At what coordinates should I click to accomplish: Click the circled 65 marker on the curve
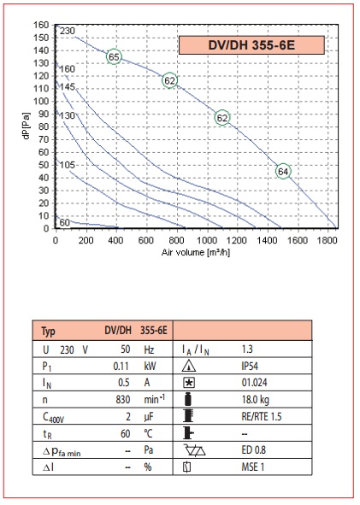pyautogui.click(x=114, y=57)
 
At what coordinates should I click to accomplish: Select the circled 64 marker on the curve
pyautogui.click(x=283, y=172)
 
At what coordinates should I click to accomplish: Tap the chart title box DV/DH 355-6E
pyautogui.click(x=251, y=45)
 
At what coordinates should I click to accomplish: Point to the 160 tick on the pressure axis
pyautogui.click(x=41, y=25)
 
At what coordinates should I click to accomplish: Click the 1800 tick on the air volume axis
pyautogui.click(x=327, y=240)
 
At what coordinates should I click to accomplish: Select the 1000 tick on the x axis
pyautogui.click(x=207, y=240)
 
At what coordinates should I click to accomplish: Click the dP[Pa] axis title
pyautogui.click(x=27, y=126)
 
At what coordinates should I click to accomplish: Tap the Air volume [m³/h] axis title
pyautogui.click(x=196, y=252)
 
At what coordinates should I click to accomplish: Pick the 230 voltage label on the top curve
pyautogui.click(x=67, y=31)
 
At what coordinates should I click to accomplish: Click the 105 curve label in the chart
pyautogui.click(x=67, y=165)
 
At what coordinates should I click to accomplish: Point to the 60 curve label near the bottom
pyautogui.click(x=64, y=222)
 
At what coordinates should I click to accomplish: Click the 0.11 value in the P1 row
pyautogui.click(x=121, y=367)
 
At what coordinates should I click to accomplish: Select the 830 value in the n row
pyautogui.click(x=123, y=400)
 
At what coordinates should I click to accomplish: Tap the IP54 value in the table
pyautogui.click(x=250, y=367)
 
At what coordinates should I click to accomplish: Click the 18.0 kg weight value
pyautogui.click(x=256, y=400)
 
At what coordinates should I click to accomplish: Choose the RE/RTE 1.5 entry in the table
pyautogui.click(x=262, y=416)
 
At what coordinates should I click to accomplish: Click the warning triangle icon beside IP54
pyautogui.click(x=189, y=367)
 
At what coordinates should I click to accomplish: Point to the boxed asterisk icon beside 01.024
pyautogui.click(x=189, y=383)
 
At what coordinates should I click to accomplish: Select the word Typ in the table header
pyautogui.click(x=49, y=332)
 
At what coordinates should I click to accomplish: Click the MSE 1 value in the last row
pyautogui.click(x=252, y=467)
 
